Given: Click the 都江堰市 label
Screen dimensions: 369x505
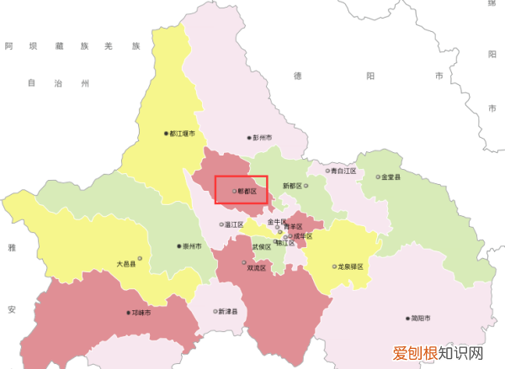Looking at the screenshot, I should click(x=183, y=133).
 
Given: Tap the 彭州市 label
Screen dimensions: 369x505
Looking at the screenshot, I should click(x=263, y=137).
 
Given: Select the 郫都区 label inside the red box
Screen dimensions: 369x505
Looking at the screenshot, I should click(x=247, y=192).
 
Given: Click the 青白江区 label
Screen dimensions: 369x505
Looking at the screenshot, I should click(x=343, y=171).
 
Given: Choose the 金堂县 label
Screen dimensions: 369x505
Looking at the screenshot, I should click(x=391, y=177).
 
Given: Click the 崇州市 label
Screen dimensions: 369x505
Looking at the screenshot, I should click(x=192, y=247).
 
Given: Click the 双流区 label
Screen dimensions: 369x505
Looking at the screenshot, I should click(x=256, y=268).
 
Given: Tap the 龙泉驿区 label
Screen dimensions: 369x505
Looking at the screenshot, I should click(x=350, y=266).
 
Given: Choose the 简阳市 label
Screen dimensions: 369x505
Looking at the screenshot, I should click(x=419, y=319).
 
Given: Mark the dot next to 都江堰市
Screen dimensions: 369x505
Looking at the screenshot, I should click(x=166, y=133).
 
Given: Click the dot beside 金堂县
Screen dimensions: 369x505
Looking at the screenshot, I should click(x=378, y=177).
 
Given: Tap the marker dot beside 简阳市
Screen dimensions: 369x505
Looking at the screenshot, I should click(x=407, y=319).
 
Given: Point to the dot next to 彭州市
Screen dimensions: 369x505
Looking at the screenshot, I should click(x=249, y=137).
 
